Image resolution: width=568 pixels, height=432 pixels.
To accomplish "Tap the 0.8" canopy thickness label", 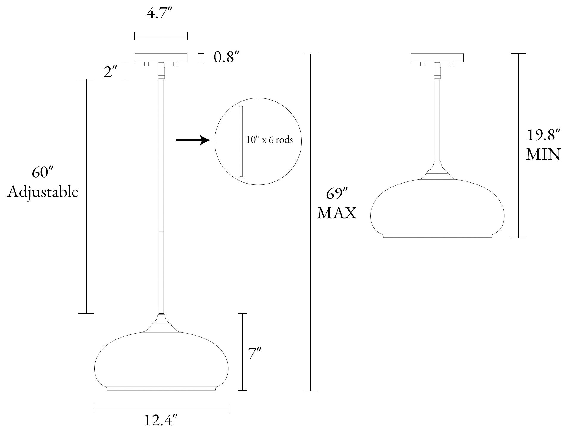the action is pyautogui.click(x=227, y=57).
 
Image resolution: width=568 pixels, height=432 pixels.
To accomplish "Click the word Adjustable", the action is pyautogui.click(x=43, y=192).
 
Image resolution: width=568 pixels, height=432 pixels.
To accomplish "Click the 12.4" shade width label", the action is pyautogui.click(x=161, y=421).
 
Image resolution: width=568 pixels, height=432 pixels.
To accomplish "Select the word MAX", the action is pyautogui.click(x=337, y=213).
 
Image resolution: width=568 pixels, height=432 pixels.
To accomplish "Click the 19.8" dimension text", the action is pyautogui.click(x=544, y=135).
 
